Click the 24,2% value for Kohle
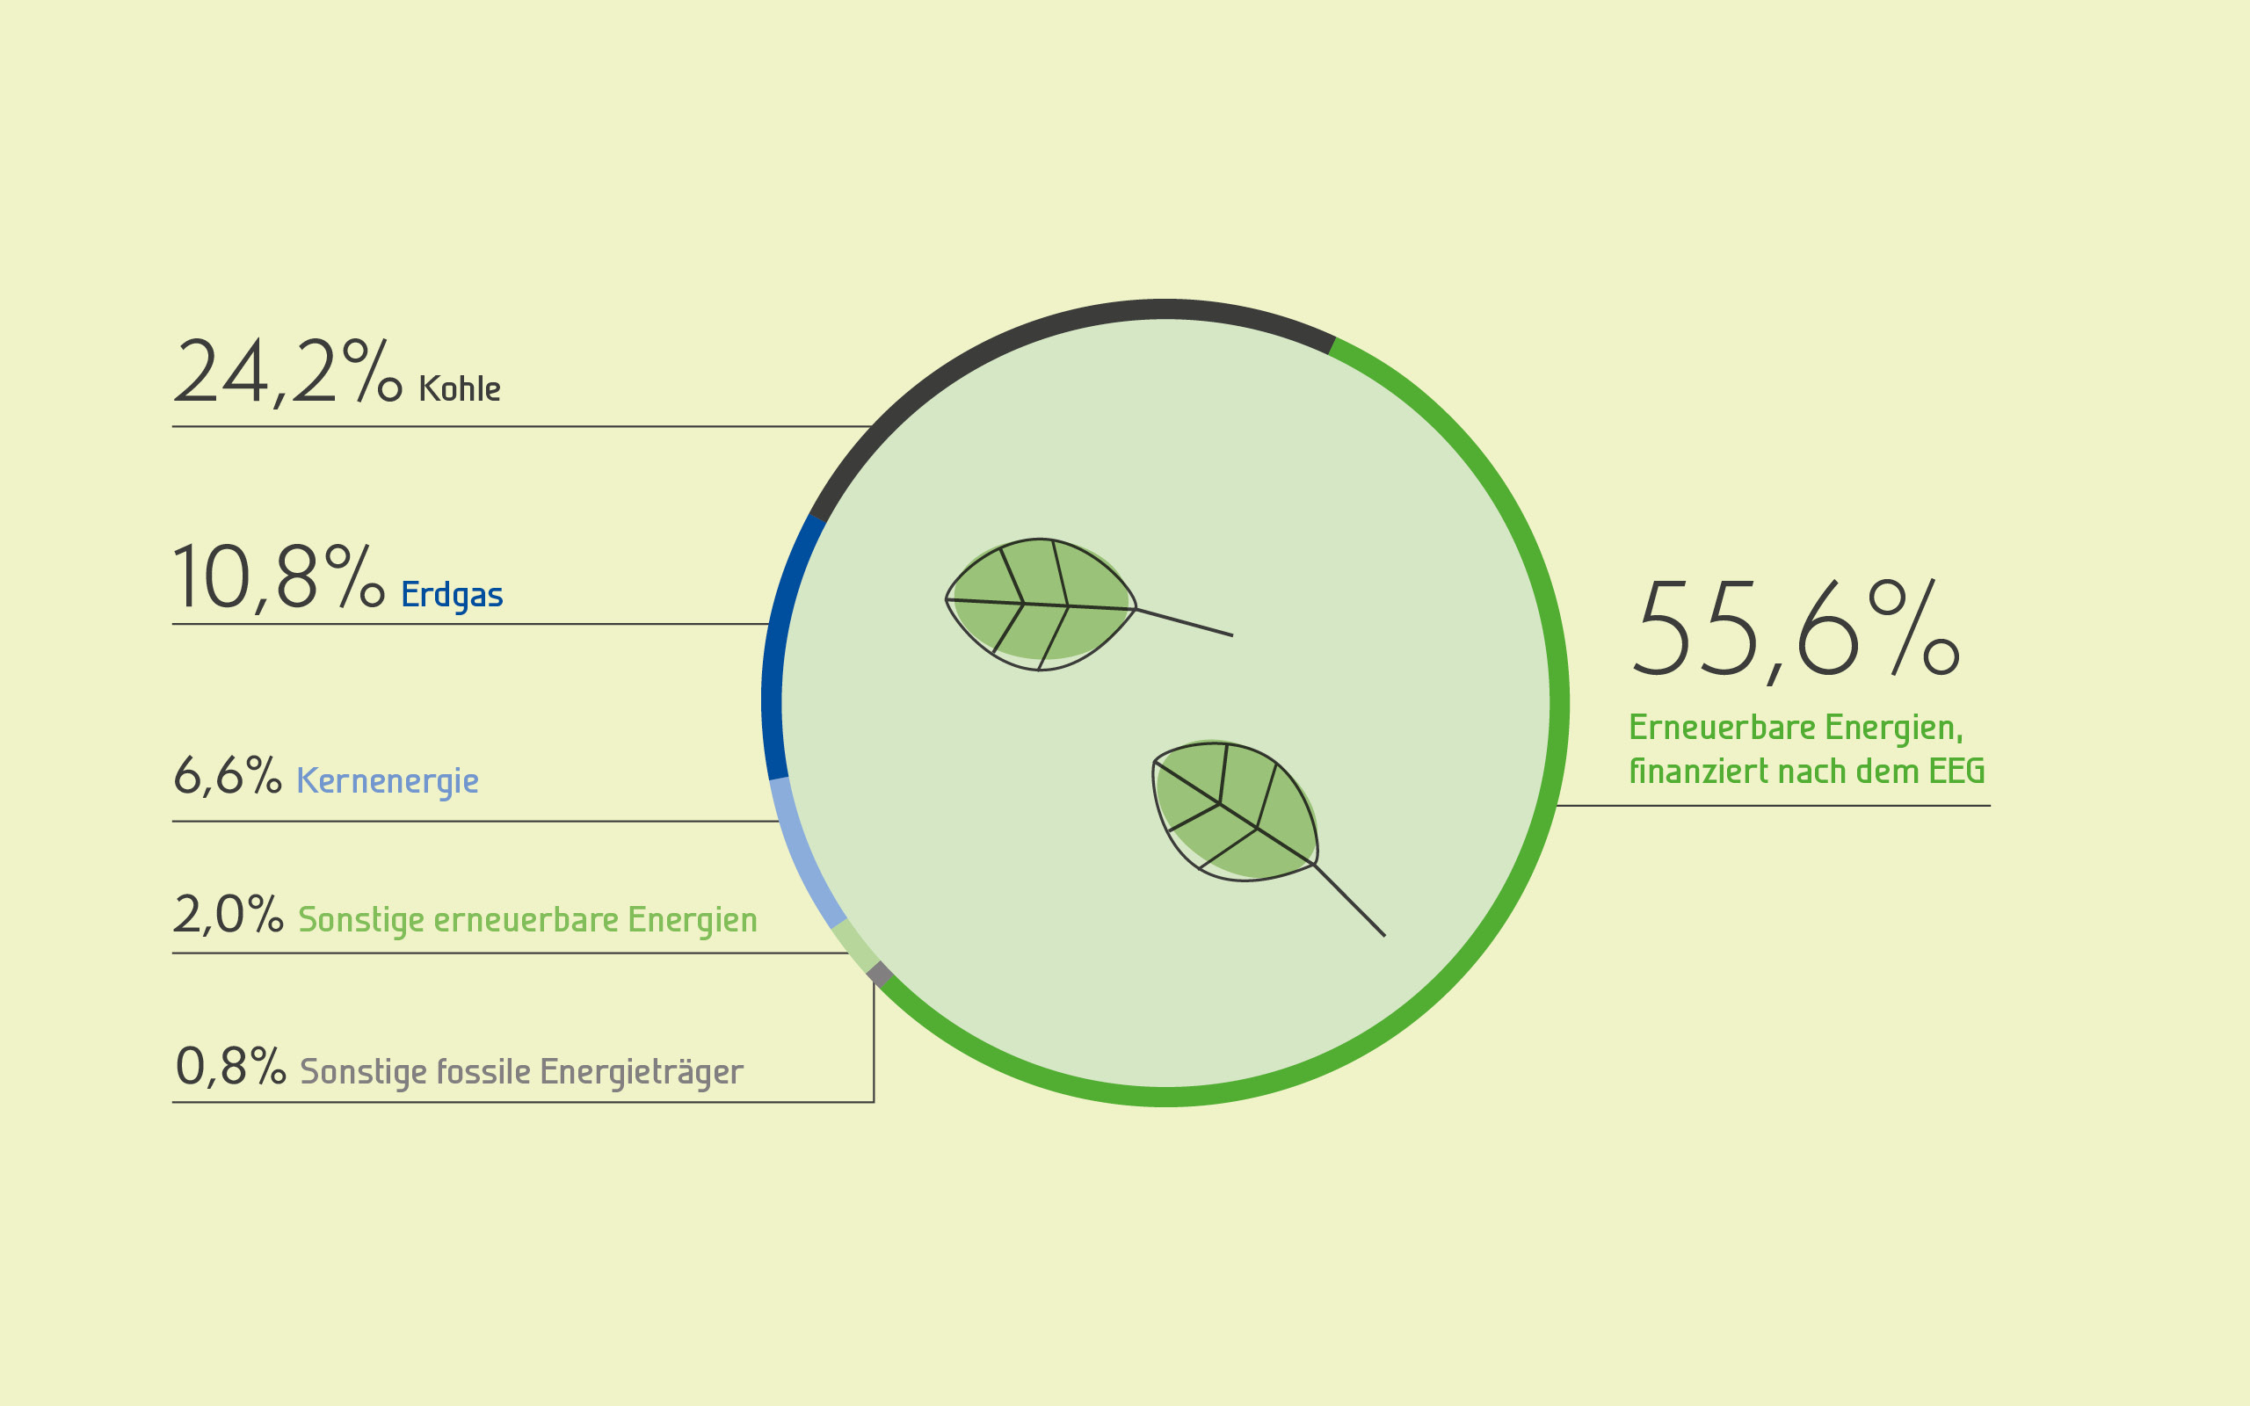pos(287,372)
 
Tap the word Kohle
pos(460,388)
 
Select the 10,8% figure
pos(279,578)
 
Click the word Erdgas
pos(452,595)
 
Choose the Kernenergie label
pos(388,781)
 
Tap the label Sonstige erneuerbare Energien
pos(527,920)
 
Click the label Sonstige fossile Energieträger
pos(521,1071)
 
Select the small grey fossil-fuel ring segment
pos(880,975)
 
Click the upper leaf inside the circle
pos(1041,605)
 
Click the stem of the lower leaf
pos(1349,900)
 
